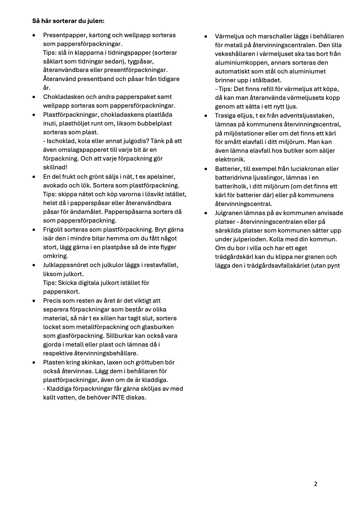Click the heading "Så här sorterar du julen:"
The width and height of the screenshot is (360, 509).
(x=68, y=21)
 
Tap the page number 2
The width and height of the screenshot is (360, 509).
(x=316, y=484)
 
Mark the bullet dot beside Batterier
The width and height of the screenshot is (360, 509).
(x=206, y=169)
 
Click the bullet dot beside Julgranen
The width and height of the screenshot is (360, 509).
(x=206, y=213)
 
